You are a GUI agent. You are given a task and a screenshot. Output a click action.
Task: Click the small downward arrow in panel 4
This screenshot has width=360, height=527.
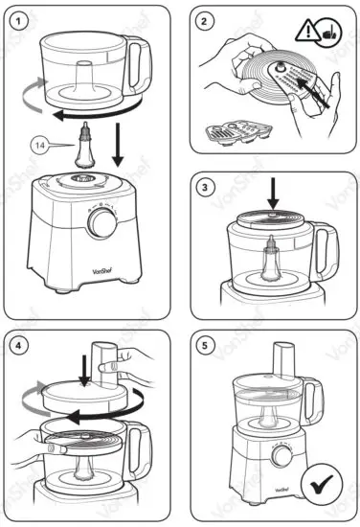tap(82, 369)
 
